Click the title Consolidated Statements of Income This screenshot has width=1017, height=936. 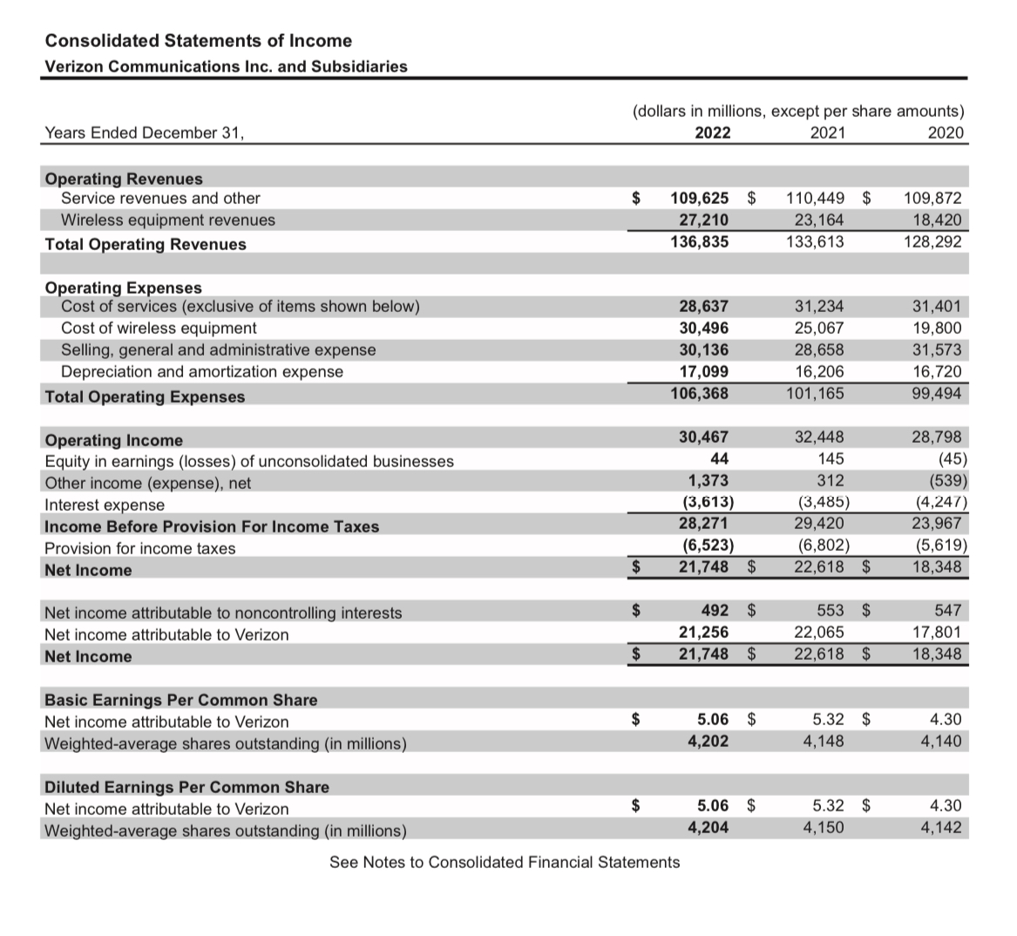click(199, 41)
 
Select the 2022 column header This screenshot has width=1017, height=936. click(713, 133)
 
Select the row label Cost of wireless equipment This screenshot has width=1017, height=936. click(159, 329)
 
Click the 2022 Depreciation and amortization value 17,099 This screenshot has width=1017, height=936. click(703, 372)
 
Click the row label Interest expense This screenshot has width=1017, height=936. click(104, 505)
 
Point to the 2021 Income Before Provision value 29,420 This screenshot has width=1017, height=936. click(818, 525)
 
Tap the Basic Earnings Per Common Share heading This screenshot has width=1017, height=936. click(180, 700)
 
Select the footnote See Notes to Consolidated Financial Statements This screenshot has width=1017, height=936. click(505, 863)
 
